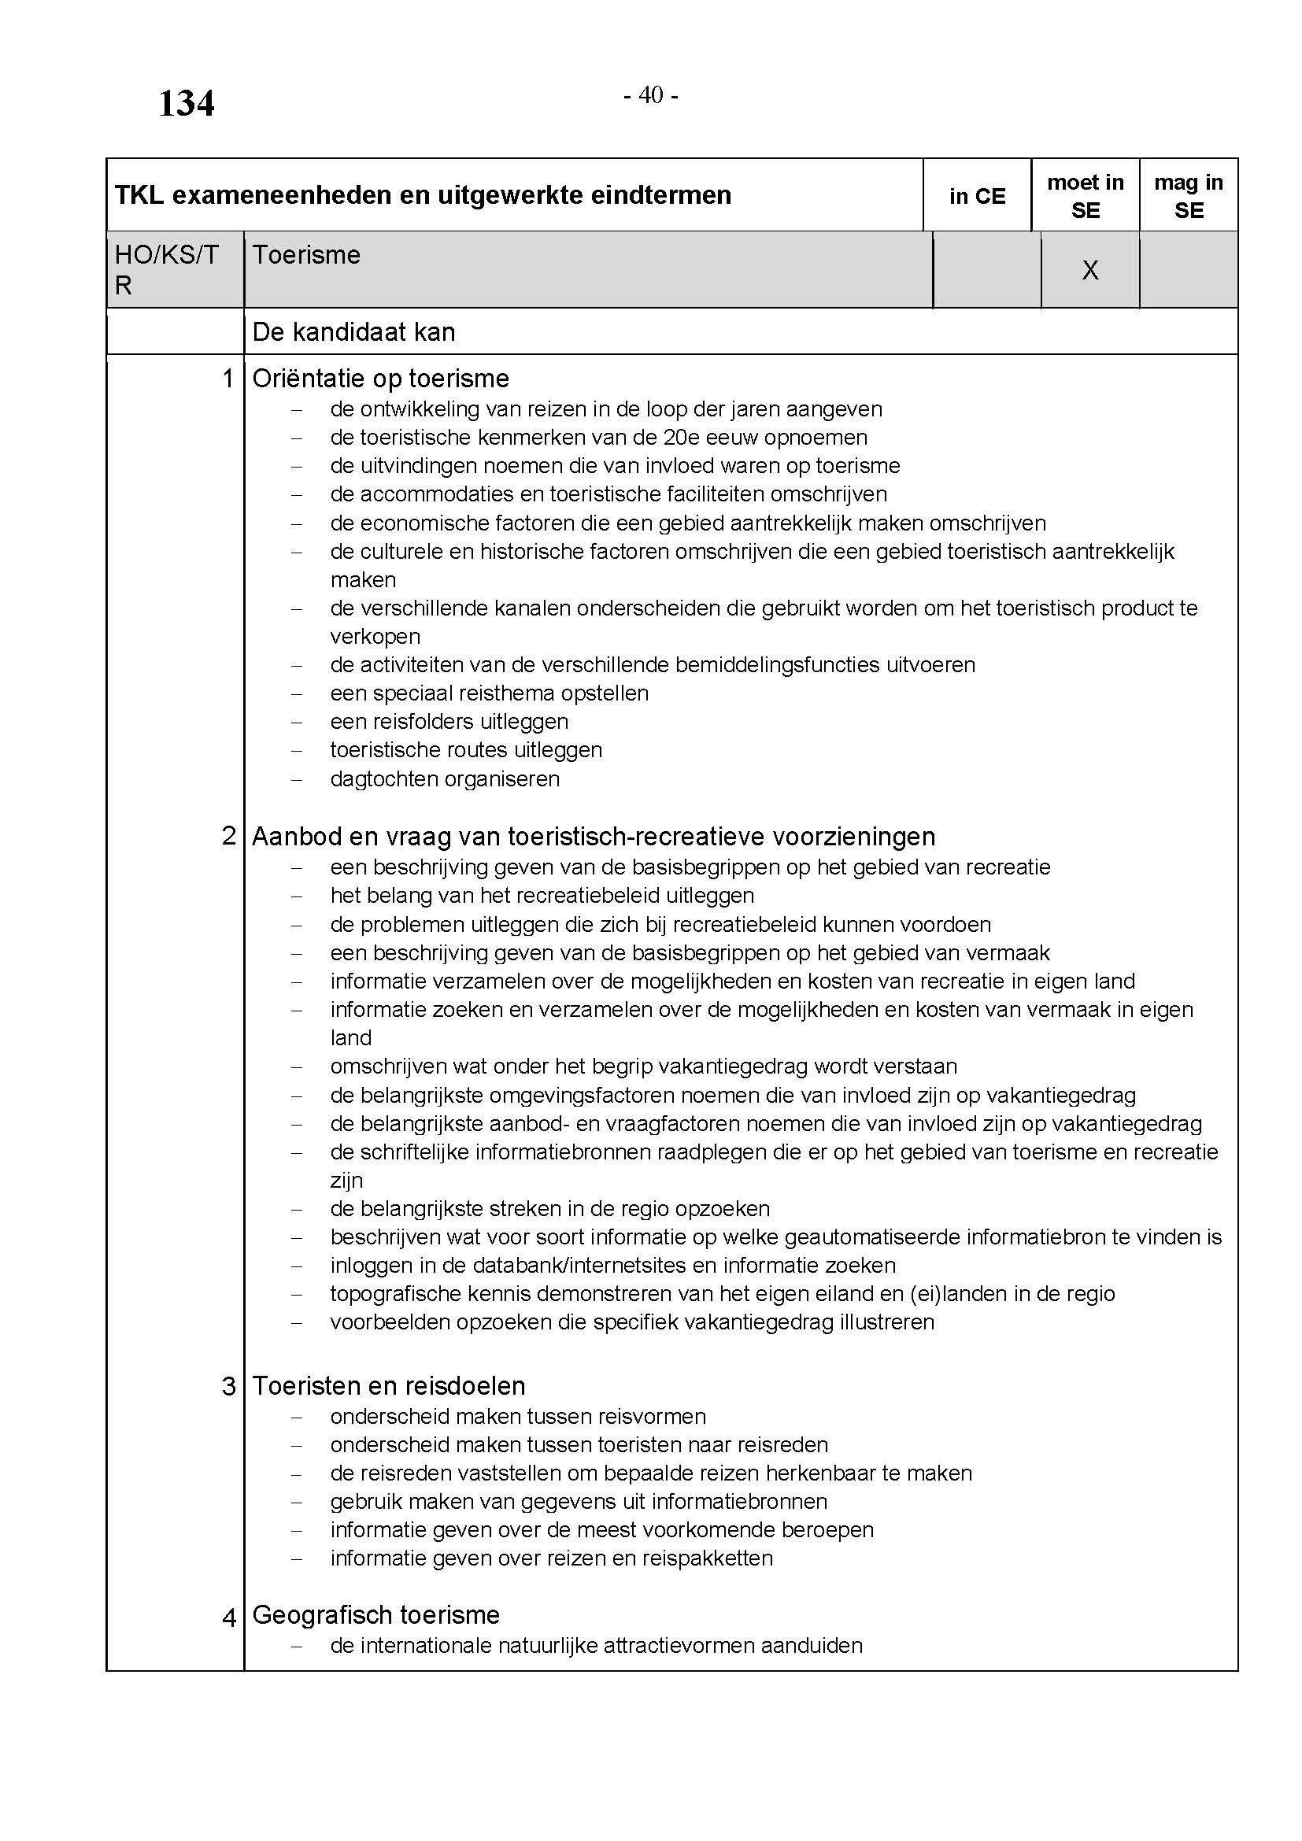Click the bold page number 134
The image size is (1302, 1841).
tap(186, 104)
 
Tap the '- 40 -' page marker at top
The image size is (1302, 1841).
tap(651, 95)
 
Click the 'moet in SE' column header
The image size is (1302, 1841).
tap(1085, 197)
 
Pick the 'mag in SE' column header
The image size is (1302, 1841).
tap(1188, 197)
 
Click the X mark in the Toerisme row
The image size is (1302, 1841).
tap(1089, 271)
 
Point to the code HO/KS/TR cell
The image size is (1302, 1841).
tap(166, 269)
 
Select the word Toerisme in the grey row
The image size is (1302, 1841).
tap(306, 255)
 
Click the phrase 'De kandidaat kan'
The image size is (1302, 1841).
tap(353, 332)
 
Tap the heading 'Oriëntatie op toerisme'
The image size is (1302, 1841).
tap(380, 379)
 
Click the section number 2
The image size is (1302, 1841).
tap(228, 837)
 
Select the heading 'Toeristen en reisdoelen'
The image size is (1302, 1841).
tap(389, 1385)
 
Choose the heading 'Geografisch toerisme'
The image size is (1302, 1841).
tap(376, 1615)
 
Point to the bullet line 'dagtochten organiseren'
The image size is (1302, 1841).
tap(444, 778)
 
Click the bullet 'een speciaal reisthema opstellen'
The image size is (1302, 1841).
tap(489, 693)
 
